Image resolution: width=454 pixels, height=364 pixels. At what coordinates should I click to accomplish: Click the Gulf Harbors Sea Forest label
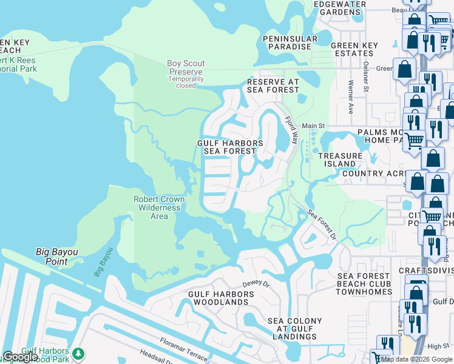(x=230, y=147)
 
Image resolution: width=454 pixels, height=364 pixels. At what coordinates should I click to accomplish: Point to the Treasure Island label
(x=340, y=160)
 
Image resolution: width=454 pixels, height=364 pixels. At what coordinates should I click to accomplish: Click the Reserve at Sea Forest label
(x=273, y=86)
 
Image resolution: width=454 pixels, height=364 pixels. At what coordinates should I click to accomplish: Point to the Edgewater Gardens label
(x=339, y=8)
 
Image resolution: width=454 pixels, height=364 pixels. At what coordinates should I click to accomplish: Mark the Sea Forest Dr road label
(x=322, y=225)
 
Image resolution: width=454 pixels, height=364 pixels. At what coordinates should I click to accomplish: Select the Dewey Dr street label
(x=255, y=283)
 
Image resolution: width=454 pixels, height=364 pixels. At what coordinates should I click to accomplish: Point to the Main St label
(x=314, y=126)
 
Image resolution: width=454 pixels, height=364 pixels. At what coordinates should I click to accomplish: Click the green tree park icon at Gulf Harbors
(x=77, y=353)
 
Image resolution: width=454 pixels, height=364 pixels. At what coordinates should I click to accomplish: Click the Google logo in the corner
(x=20, y=357)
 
